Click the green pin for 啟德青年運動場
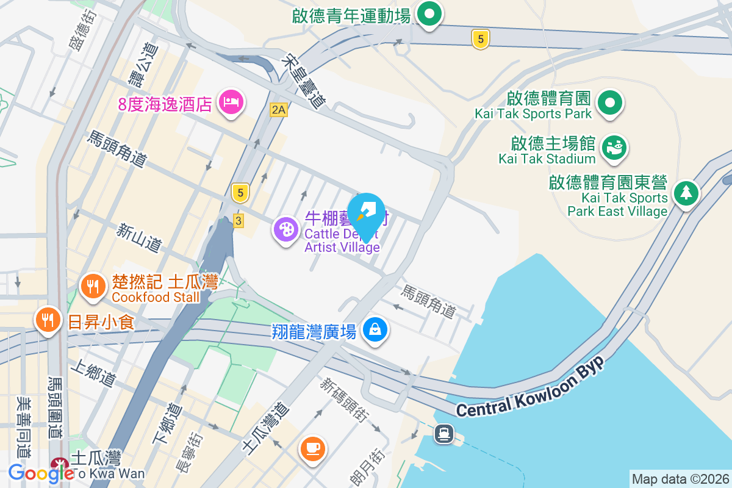pyautogui.click(x=429, y=14)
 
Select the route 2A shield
pyautogui.click(x=279, y=110)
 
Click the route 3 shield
pyautogui.click(x=239, y=220)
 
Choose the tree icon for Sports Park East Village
pyautogui.click(x=686, y=193)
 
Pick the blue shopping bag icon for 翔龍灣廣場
pyautogui.click(x=375, y=330)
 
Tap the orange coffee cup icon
pyautogui.click(x=314, y=448)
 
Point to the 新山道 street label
pyautogui.click(x=140, y=238)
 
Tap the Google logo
pyautogui.click(x=41, y=473)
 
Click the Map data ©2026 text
pyautogui.click(x=680, y=479)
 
